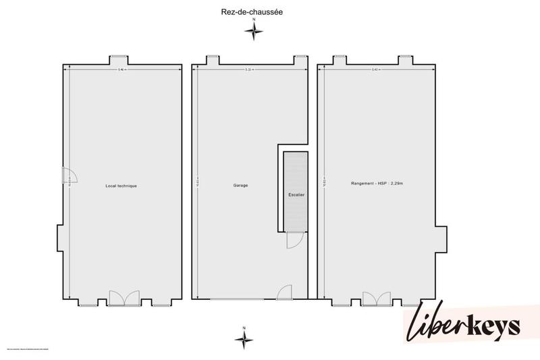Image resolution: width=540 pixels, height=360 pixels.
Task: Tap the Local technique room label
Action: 122,185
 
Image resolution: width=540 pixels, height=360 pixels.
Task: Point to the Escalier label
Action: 296,195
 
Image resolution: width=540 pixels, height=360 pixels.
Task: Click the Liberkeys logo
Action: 463,326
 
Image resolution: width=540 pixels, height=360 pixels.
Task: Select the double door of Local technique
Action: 124,298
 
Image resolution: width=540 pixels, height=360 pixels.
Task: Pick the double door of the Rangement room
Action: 377,298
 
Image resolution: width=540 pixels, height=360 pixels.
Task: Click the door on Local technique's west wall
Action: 70,177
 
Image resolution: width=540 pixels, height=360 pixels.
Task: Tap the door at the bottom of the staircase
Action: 295,239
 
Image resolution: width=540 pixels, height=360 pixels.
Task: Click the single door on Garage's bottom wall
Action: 284,292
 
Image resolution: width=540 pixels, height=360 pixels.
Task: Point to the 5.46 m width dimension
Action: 122,69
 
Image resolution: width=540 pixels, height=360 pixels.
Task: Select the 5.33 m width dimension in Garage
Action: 250,69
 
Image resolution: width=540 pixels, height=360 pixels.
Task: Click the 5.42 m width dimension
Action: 376,69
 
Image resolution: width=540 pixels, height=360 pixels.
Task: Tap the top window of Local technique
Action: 119,60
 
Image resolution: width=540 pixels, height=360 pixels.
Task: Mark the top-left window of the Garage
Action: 211,60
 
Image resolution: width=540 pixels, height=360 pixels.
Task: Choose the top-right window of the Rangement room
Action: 405,60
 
